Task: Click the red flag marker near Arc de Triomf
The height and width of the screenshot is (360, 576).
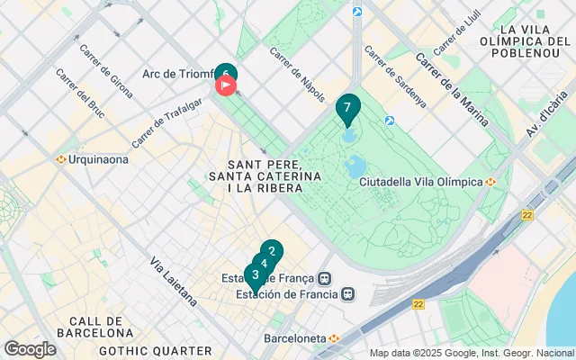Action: coord(225,86)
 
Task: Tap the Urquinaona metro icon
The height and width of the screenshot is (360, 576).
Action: coord(61,159)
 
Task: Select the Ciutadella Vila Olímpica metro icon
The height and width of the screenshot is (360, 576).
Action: coord(491,182)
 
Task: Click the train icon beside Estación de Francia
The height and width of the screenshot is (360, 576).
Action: coord(347,293)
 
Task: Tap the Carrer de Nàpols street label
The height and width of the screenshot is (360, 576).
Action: coord(295,67)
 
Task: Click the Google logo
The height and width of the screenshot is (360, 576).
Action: coord(30,349)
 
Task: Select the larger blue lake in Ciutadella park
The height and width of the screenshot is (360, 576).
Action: coord(355,166)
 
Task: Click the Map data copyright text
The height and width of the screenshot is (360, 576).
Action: coord(472,353)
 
